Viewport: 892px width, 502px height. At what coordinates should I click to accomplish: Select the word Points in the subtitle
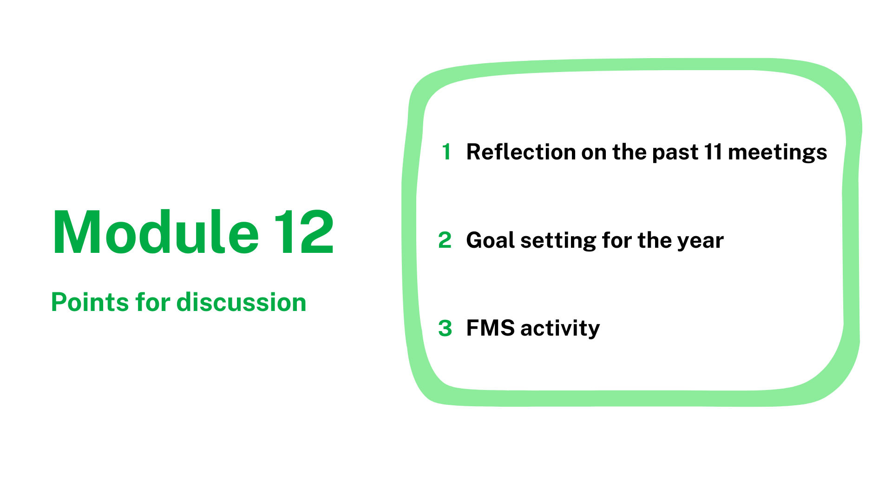[x=90, y=303]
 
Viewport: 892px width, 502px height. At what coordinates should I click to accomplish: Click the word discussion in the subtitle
[x=242, y=303]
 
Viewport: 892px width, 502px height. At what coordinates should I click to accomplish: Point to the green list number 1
[x=446, y=152]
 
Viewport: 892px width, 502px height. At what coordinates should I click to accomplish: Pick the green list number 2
[x=445, y=240]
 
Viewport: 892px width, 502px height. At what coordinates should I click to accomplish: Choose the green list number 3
[x=445, y=328]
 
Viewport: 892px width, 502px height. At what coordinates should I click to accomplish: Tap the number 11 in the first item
[x=713, y=152]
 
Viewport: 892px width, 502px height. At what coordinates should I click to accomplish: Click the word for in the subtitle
[x=153, y=302]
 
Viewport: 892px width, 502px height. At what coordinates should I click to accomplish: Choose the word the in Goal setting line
[x=655, y=240]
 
